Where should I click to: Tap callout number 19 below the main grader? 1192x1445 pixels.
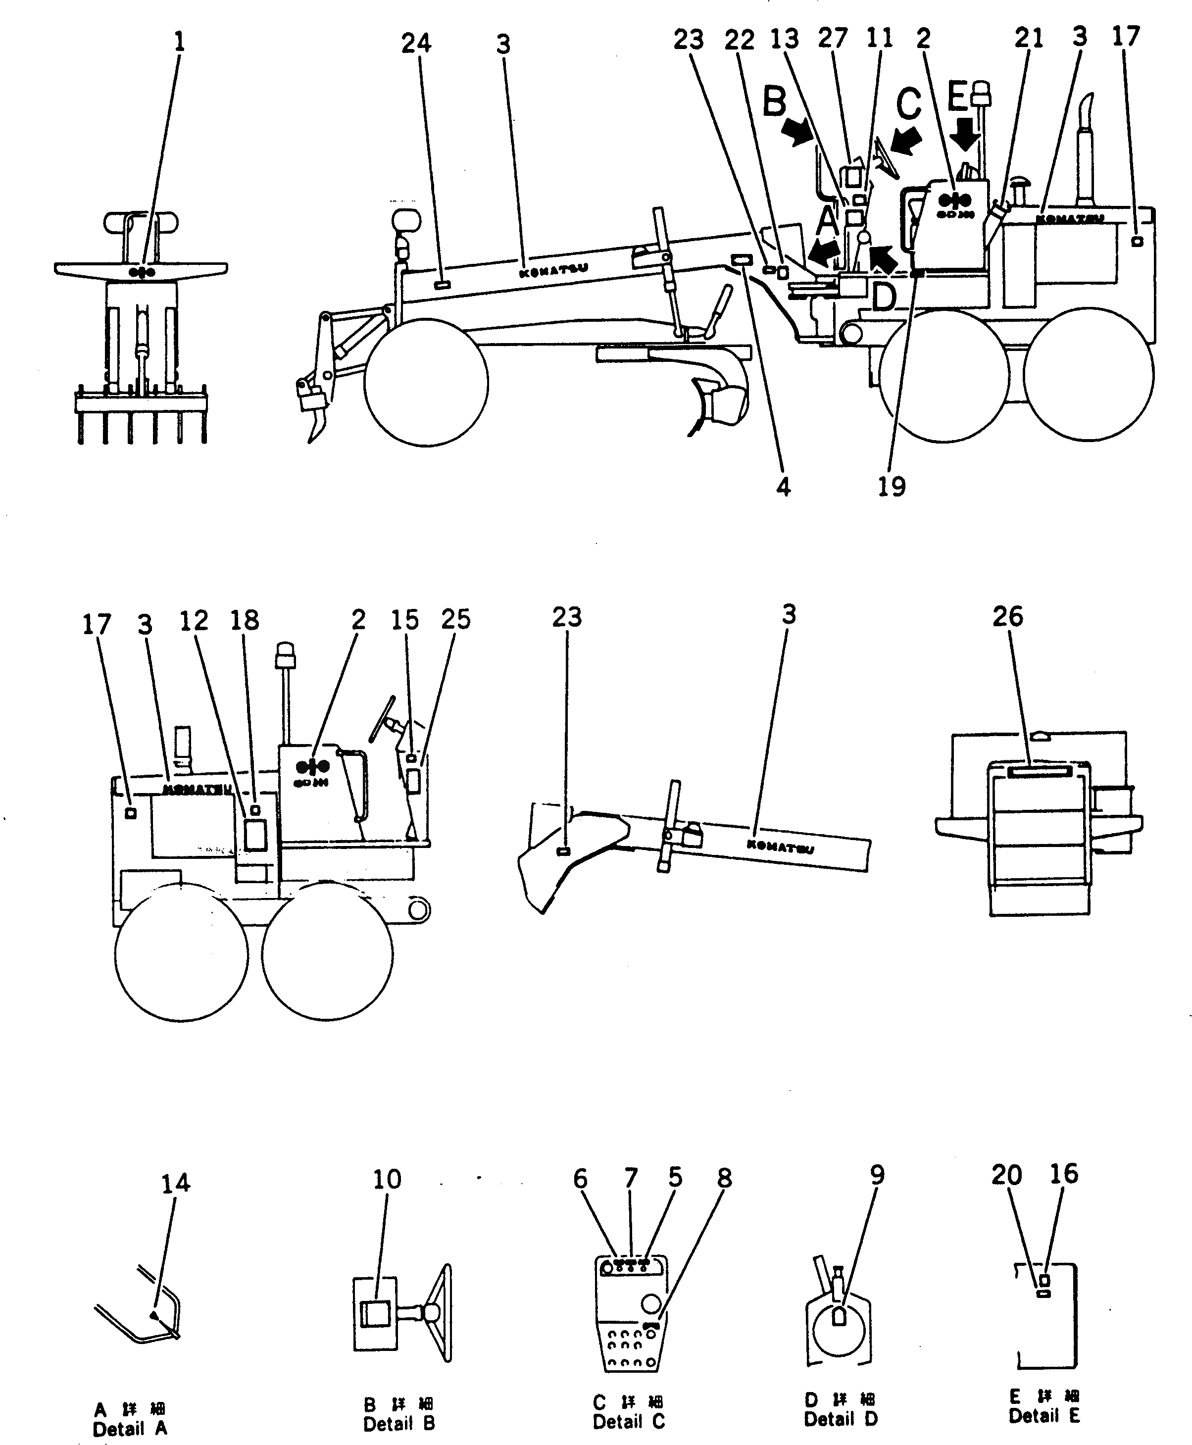tap(891, 486)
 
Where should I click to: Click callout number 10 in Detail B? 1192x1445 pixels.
tap(387, 1179)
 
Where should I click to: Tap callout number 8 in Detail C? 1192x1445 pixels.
tap(724, 1178)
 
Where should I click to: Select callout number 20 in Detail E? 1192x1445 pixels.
tap(1006, 1175)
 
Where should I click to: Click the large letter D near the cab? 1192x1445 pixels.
tap(884, 297)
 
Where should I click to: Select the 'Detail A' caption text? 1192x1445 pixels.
tap(130, 1429)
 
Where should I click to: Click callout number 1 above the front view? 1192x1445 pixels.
tap(179, 43)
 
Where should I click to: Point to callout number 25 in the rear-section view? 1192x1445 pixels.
tap(455, 619)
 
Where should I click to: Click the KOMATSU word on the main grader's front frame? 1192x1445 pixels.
tap(553, 270)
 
